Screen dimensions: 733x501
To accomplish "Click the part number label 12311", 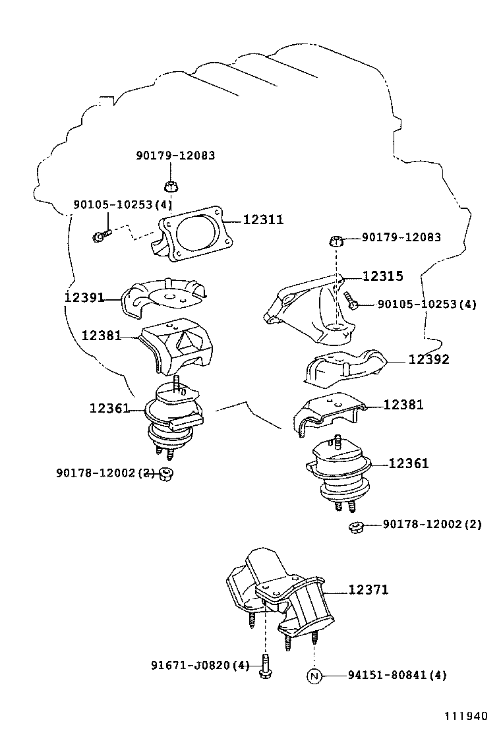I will pos(263,220).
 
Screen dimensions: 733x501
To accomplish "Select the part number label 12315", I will pos(382,276).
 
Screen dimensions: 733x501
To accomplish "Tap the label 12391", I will pos(84,297).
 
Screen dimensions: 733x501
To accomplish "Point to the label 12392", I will pos(428,359).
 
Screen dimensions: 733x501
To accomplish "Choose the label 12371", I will pos(368,589).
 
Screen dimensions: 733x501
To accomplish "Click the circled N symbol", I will pos(314,676).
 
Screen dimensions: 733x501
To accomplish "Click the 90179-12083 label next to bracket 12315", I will pos(401,237).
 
